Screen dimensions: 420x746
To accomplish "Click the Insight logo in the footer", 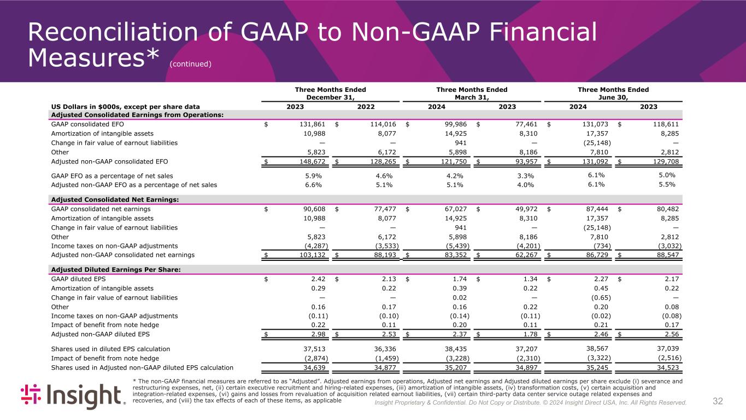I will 73,396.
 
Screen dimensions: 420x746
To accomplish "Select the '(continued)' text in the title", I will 190,64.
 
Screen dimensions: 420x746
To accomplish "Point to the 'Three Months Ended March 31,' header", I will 472,93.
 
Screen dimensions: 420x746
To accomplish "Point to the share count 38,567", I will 597,349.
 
